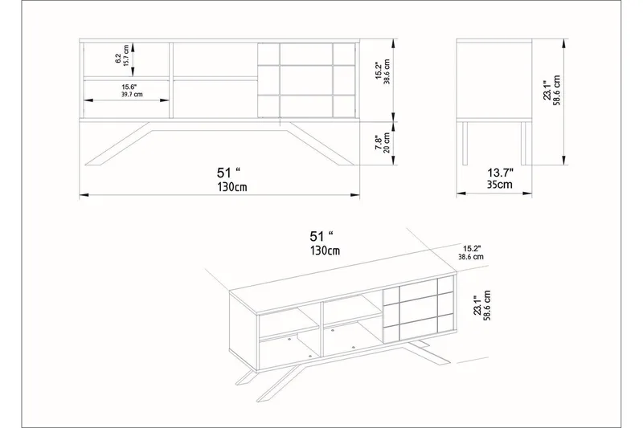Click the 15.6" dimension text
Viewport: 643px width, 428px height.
coord(129,87)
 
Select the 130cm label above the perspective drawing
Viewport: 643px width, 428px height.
coord(324,251)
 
